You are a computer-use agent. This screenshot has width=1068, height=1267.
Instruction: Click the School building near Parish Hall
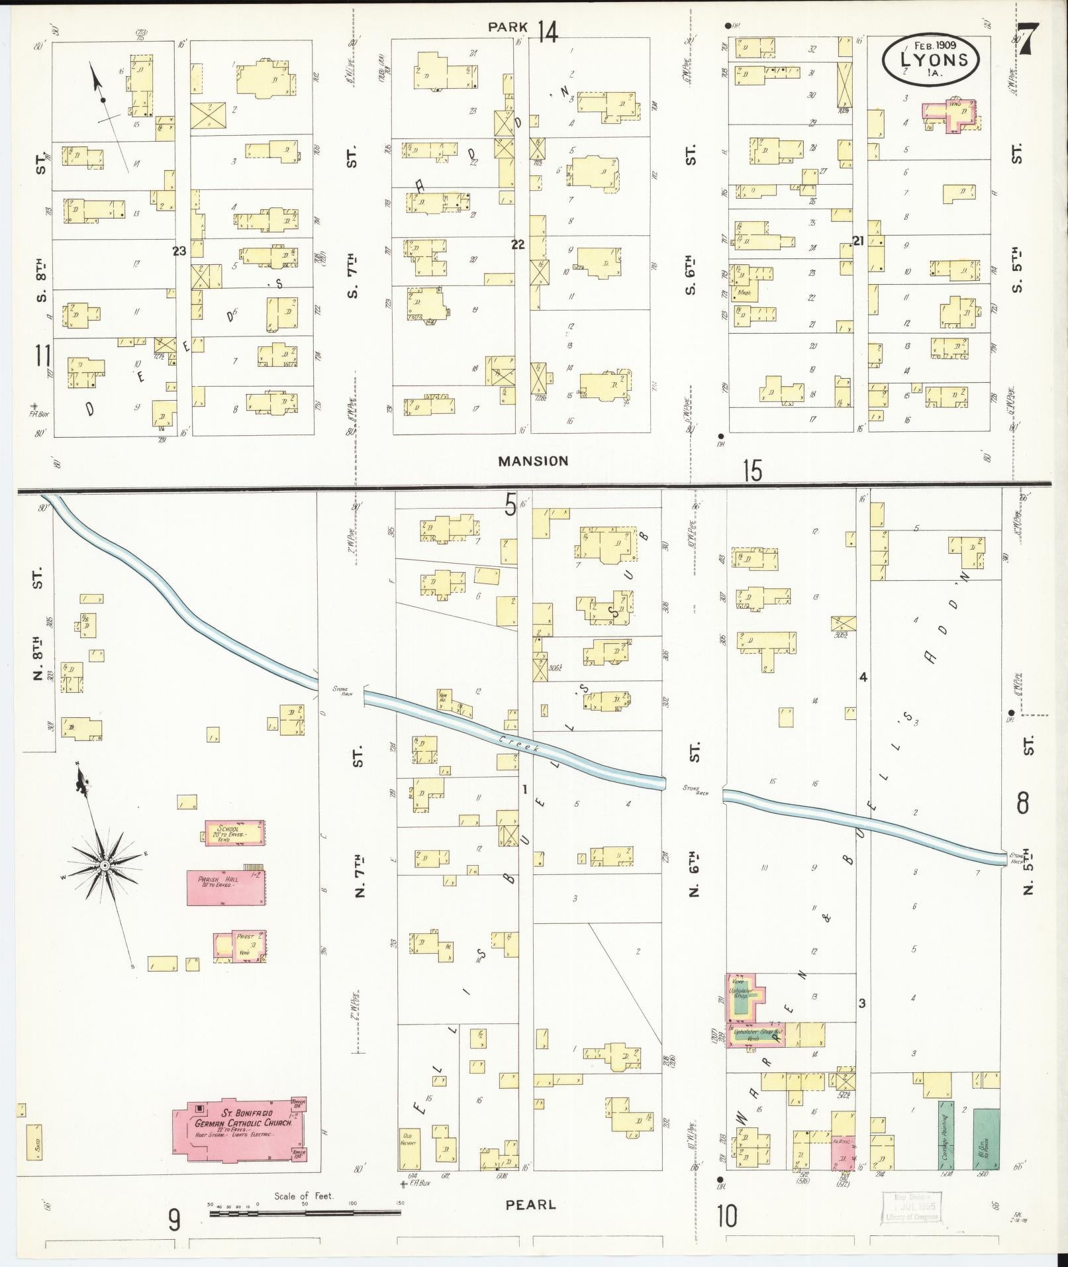(x=235, y=832)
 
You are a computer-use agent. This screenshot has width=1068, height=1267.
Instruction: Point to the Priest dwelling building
(x=239, y=944)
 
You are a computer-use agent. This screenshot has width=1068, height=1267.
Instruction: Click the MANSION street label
(x=533, y=461)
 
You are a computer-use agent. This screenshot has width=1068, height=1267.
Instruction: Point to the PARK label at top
(x=508, y=27)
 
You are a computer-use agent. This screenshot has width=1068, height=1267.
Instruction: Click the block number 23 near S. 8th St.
(x=179, y=250)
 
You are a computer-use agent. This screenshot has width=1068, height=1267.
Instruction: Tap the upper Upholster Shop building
(x=746, y=997)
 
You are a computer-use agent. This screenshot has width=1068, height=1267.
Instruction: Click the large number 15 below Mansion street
(x=752, y=471)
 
